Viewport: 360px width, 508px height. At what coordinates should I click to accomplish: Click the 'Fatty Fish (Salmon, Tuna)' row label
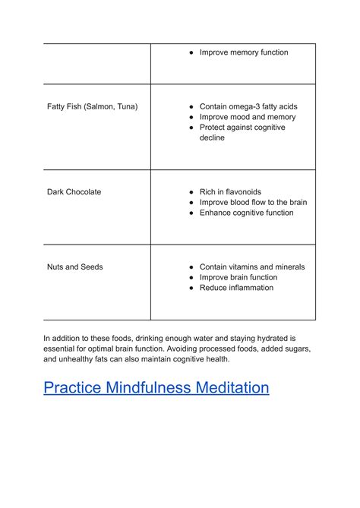pyautogui.click(x=92, y=106)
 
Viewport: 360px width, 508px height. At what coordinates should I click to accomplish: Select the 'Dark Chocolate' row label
pyautogui.click(x=74, y=192)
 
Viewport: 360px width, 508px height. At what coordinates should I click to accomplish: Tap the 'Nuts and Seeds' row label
pyautogui.click(x=75, y=267)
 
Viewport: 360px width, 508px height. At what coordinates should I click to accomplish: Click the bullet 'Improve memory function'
pyautogui.click(x=243, y=52)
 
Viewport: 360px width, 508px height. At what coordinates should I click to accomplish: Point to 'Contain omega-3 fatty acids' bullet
pyautogui.click(x=248, y=106)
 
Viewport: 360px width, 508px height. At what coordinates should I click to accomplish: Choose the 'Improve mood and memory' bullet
pyautogui.click(x=247, y=117)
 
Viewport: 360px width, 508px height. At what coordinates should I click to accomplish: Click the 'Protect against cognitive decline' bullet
pyautogui.click(x=242, y=133)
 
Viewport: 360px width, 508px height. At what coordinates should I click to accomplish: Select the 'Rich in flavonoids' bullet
pyautogui.click(x=230, y=192)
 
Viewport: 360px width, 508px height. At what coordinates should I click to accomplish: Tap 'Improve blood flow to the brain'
pyautogui.click(x=253, y=203)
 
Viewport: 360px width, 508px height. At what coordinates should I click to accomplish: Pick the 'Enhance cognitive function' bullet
pyautogui.click(x=246, y=213)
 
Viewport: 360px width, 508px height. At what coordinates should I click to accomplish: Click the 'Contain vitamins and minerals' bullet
pyautogui.click(x=251, y=267)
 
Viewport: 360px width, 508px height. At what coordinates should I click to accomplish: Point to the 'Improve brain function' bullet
pyautogui.click(x=238, y=277)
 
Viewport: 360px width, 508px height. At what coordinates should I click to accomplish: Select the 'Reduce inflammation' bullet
pyautogui.click(x=236, y=288)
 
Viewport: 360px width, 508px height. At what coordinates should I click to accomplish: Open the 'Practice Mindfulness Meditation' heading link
pyautogui.click(x=156, y=388)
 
